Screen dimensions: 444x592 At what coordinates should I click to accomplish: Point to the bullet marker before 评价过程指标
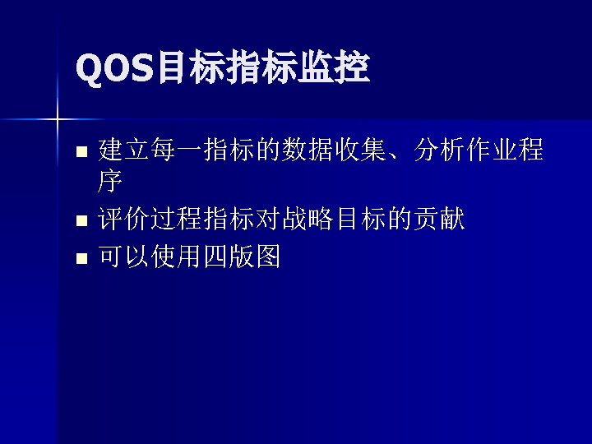coord(80,220)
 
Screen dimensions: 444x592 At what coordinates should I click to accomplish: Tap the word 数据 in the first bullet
coord(308,150)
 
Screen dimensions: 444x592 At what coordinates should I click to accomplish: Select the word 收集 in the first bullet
coord(360,150)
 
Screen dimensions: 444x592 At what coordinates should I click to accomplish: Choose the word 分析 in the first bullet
coord(440,150)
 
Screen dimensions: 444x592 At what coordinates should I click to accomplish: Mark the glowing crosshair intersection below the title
coord(57,120)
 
